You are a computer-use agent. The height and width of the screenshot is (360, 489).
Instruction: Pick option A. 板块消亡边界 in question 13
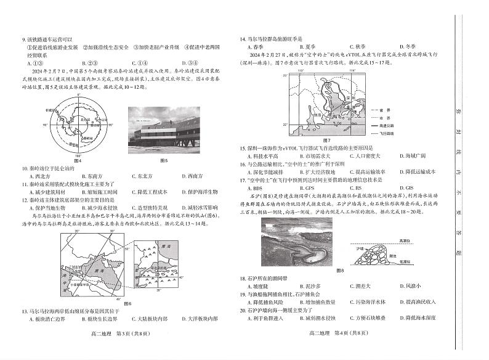pyautogui.click(x=52, y=319)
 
